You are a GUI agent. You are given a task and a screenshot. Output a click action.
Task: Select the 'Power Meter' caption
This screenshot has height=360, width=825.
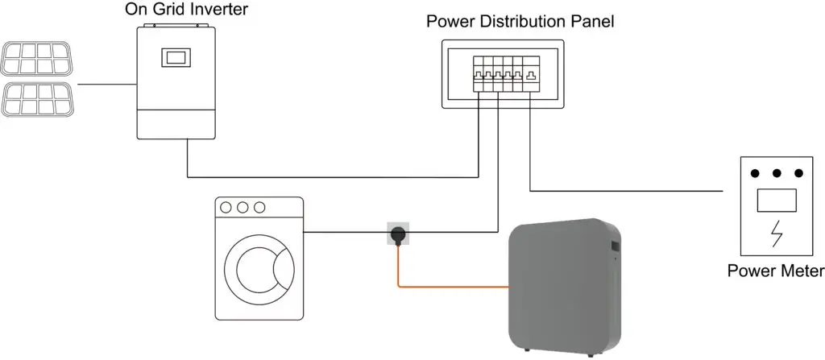(x=775, y=271)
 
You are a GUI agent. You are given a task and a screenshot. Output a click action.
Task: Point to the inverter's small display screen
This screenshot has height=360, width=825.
(x=176, y=58)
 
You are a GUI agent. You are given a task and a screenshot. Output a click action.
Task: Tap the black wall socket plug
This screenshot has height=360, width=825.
(x=397, y=234)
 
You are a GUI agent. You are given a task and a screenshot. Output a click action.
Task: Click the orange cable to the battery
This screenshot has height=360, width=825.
(x=451, y=285)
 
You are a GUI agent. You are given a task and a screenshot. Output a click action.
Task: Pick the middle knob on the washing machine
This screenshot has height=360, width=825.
(x=243, y=207)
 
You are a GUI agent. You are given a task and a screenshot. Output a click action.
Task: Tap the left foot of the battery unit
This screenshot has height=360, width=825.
(x=526, y=351)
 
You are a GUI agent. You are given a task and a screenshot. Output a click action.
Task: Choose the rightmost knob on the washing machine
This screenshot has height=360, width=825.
(x=259, y=207)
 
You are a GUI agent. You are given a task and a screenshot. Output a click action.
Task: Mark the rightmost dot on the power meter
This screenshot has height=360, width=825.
(x=798, y=173)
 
